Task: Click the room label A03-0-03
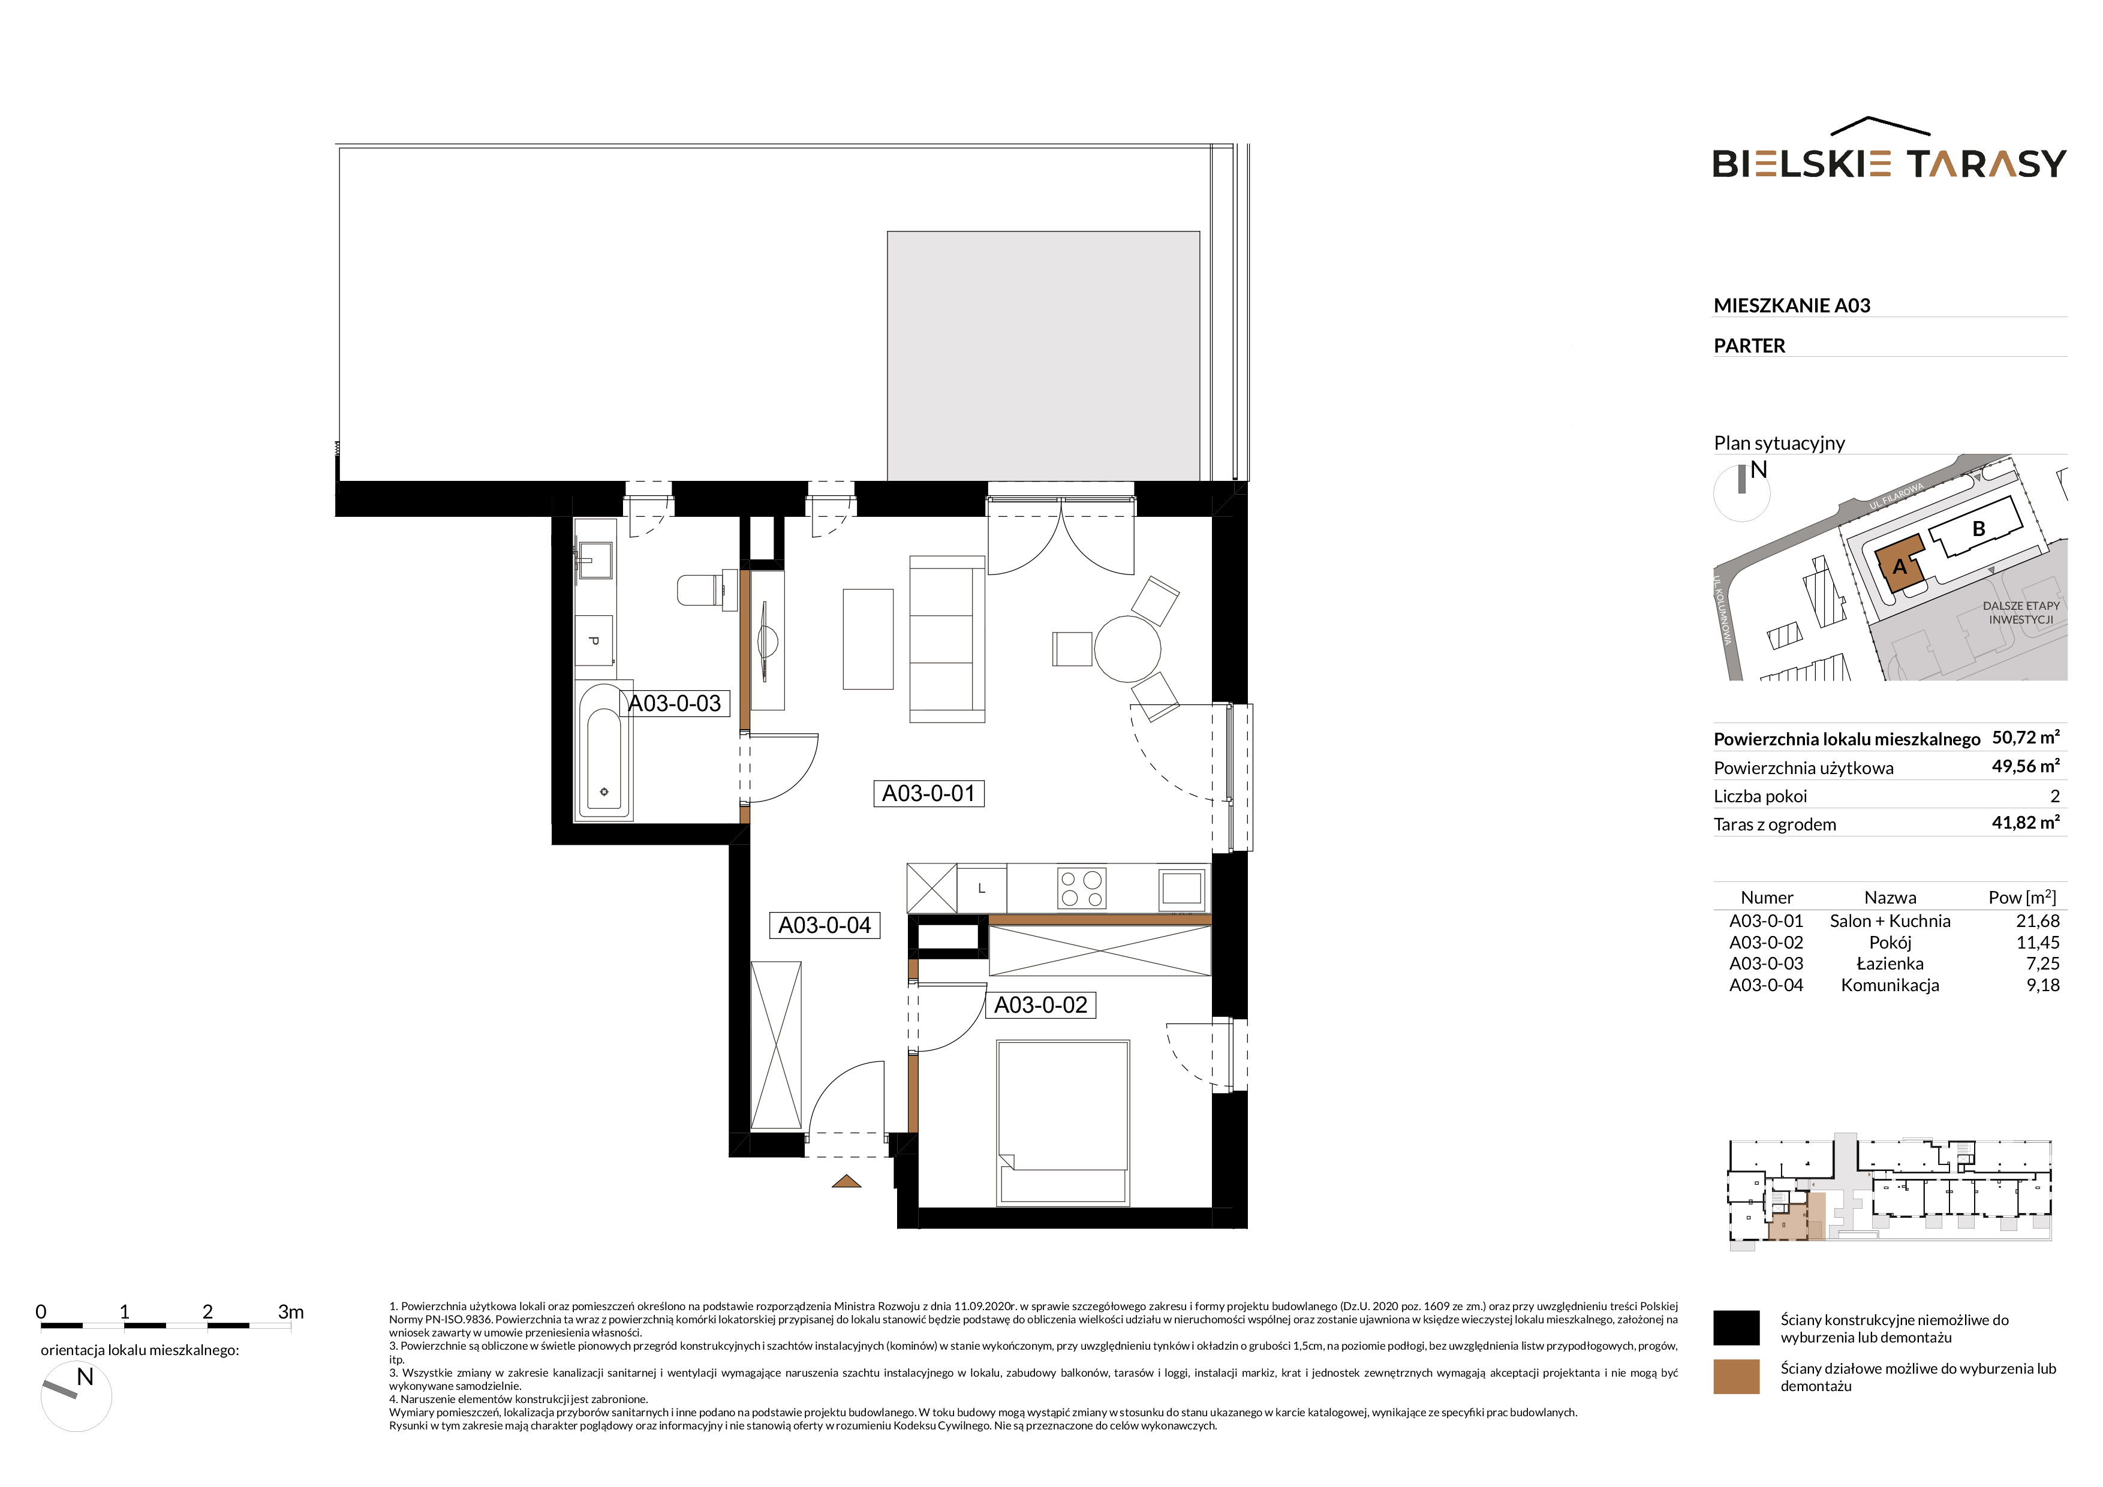pyautogui.click(x=675, y=703)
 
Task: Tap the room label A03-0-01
pyautogui.click(x=929, y=793)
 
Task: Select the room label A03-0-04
pyautogui.click(x=825, y=925)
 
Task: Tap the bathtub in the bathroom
pyautogui.click(x=604, y=750)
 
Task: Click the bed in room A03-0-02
pyautogui.click(x=1063, y=1122)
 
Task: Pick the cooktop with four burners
pyautogui.click(x=1082, y=888)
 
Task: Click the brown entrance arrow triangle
pyautogui.click(x=846, y=1181)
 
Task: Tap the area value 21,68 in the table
pyautogui.click(x=2037, y=921)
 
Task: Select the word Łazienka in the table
pyautogui.click(x=1890, y=964)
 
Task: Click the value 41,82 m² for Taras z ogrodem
pyautogui.click(x=2025, y=822)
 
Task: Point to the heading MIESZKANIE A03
pyautogui.click(x=1792, y=305)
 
